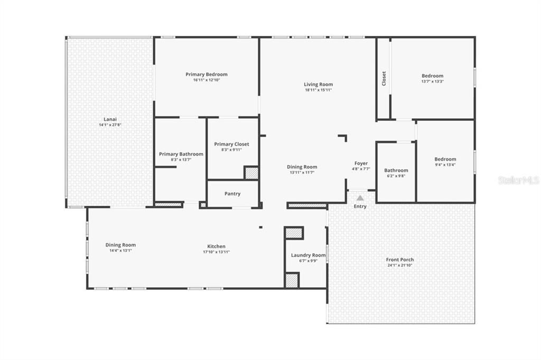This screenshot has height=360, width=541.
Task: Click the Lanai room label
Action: [x=110, y=119]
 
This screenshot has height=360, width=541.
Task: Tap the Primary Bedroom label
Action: [x=206, y=74]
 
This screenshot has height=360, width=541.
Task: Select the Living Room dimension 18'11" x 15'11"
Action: [x=318, y=90]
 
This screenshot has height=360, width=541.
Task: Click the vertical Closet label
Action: [x=384, y=79]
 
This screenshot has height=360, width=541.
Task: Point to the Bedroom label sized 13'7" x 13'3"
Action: [x=432, y=76]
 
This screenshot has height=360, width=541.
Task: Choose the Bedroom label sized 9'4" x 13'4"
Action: [x=445, y=159]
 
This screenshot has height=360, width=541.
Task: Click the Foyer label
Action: [x=361, y=164]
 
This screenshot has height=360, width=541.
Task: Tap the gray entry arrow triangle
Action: [x=360, y=198]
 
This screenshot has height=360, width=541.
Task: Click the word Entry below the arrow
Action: [x=360, y=206]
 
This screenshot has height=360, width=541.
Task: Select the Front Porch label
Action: [x=399, y=260]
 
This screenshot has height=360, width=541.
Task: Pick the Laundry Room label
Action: [x=308, y=255]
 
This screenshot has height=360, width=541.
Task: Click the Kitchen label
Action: [x=216, y=247]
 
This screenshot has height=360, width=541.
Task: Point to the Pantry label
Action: [x=232, y=194]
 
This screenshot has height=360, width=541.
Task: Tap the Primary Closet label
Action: [x=231, y=144]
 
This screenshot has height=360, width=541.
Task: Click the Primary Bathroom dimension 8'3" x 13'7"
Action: [x=181, y=160]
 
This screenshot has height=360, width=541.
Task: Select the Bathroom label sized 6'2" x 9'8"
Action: [x=396, y=170]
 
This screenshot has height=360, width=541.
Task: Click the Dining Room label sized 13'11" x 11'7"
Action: [x=302, y=167]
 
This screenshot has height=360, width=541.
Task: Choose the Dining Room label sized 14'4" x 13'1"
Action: [x=120, y=245]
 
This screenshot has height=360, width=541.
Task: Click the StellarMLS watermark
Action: [x=518, y=181]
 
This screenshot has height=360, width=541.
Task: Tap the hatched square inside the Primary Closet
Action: [x=251, y=173]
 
